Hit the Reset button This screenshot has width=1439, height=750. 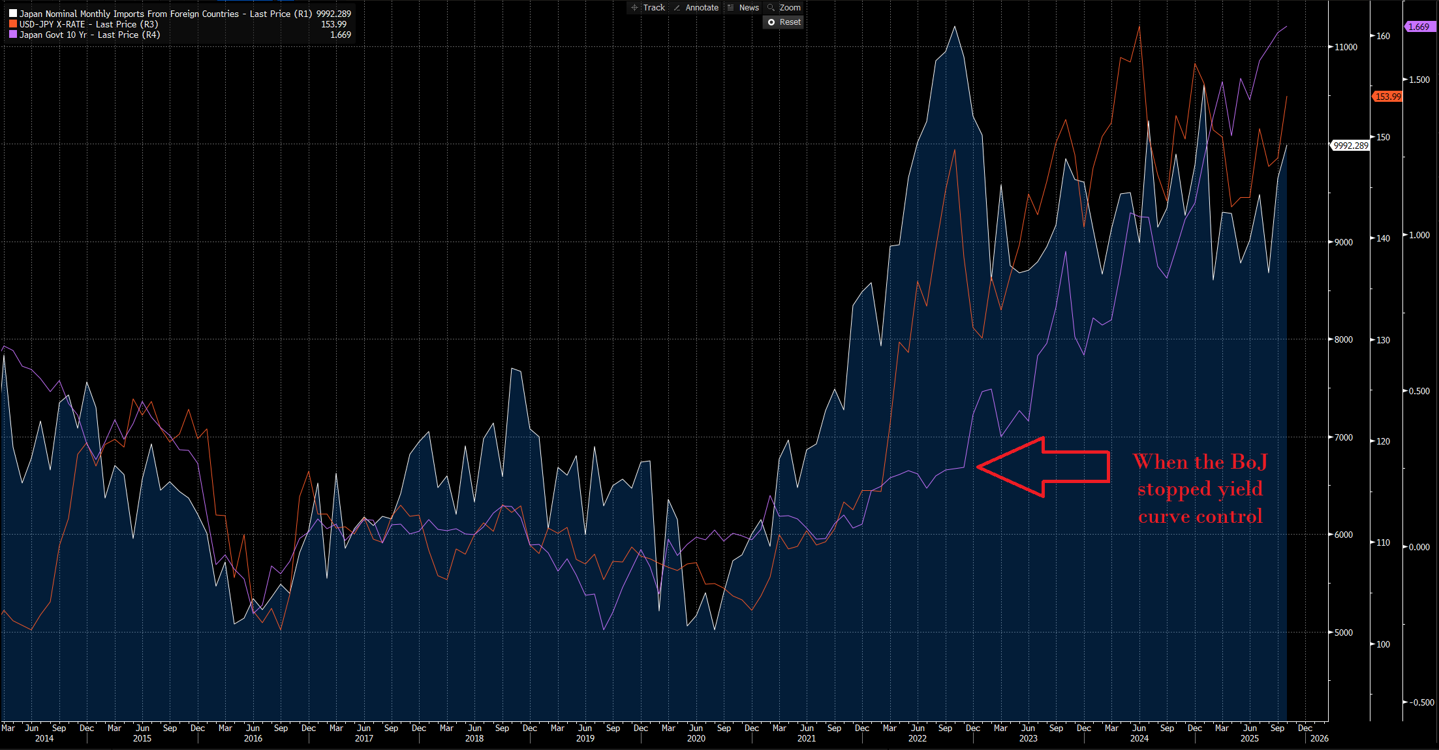click(784, 22)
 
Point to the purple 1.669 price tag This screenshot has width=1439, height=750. click(1418, 27)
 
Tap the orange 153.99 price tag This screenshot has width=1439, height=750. click(1387, 97)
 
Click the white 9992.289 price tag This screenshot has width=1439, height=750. click(1350, 146)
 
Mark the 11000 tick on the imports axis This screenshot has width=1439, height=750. click(1346, 47)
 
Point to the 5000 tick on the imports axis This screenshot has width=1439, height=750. click(1343, 633)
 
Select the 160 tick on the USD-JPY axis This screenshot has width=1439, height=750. click(1383, 36)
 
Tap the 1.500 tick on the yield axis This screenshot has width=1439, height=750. click(1419, 80)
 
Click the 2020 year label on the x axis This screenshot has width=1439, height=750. click(696, 738)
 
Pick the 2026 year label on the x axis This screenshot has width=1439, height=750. click(1319, 738)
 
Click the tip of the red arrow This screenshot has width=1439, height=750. click(978, 467)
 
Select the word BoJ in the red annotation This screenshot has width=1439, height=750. click(1248, 462)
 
